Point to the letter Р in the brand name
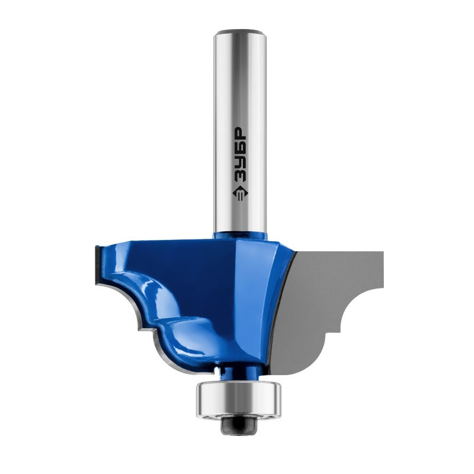(241, 132)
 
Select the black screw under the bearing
(239, 426)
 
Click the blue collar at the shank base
(241, 236)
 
